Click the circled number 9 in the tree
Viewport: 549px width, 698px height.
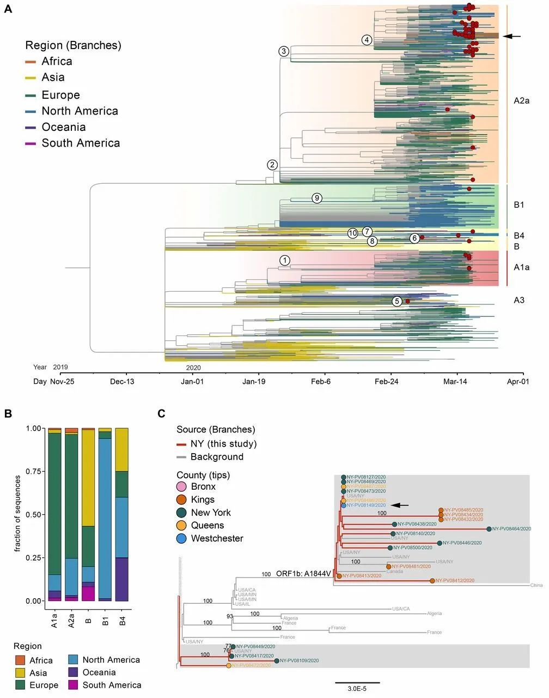pos(317,198)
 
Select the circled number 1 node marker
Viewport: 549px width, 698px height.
pos(285,260)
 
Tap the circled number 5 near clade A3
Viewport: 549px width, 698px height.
pos(397,301)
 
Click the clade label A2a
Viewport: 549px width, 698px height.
pos(521,100)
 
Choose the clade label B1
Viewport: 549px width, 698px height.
pos(518,205)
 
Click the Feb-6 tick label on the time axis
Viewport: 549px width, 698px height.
pos(321,381)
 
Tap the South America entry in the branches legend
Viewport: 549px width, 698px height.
pos(81,143)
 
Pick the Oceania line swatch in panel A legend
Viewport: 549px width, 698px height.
pos(30,127)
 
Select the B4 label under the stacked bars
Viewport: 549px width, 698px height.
pos(122,620)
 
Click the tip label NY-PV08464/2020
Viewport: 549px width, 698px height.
pos(511,528)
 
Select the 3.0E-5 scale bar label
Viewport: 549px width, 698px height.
pos(357,689)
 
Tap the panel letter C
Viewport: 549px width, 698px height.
pos(161,414)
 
